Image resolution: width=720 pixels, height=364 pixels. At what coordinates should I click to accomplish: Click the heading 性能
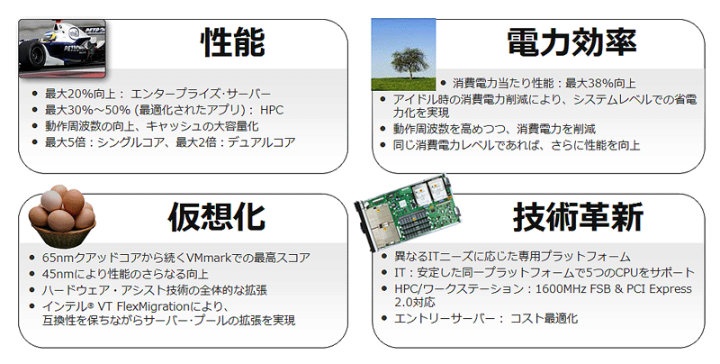(233, 42)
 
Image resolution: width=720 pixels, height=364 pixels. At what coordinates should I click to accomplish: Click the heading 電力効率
(571, 42)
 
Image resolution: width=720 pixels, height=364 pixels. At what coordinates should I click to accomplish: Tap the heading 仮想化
(217, 216)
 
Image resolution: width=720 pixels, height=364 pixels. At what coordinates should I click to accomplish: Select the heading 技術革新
(578, 216)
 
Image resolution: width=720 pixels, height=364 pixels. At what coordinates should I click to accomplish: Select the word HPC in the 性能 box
(272, 110)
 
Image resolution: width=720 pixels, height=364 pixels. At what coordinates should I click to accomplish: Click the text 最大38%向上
(600, 83)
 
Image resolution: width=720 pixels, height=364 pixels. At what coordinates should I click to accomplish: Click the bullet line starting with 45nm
(125, 274)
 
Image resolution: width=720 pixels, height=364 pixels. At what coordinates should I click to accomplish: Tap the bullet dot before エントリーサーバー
(384, 317)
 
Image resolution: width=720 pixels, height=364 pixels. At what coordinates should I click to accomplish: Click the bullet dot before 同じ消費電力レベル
(384, 145)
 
